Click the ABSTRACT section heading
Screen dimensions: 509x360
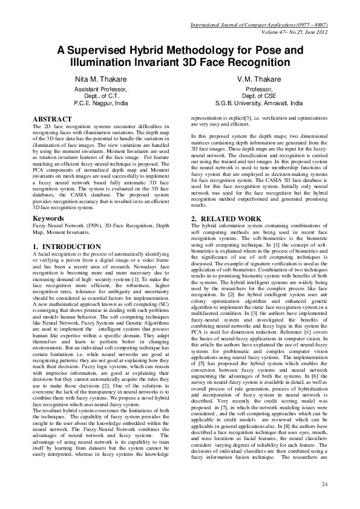coord(52,120)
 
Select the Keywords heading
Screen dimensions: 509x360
coord(49,217)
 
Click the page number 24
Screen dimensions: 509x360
coord(324,485)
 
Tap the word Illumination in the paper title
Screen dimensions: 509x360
coord(107,63)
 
